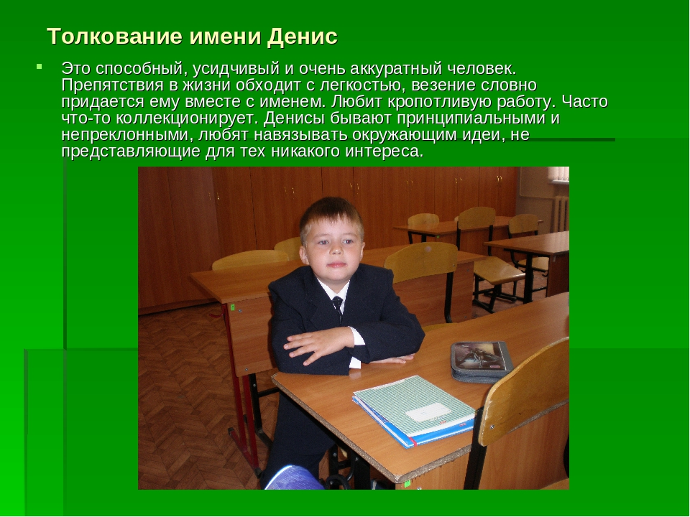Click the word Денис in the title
click(x=302, y=37)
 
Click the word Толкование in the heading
click(x=114, y=36)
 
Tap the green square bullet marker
click(x=39, y=67)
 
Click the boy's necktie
click(x=338, y=307)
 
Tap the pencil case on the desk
click(x=482, y=361)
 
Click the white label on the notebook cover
click(x=428, y=412)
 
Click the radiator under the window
click(x=560, y=214)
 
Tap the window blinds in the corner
click(x=558, y=174)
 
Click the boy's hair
click(x=332, y=215)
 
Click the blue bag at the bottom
click(x=294, y=478)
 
